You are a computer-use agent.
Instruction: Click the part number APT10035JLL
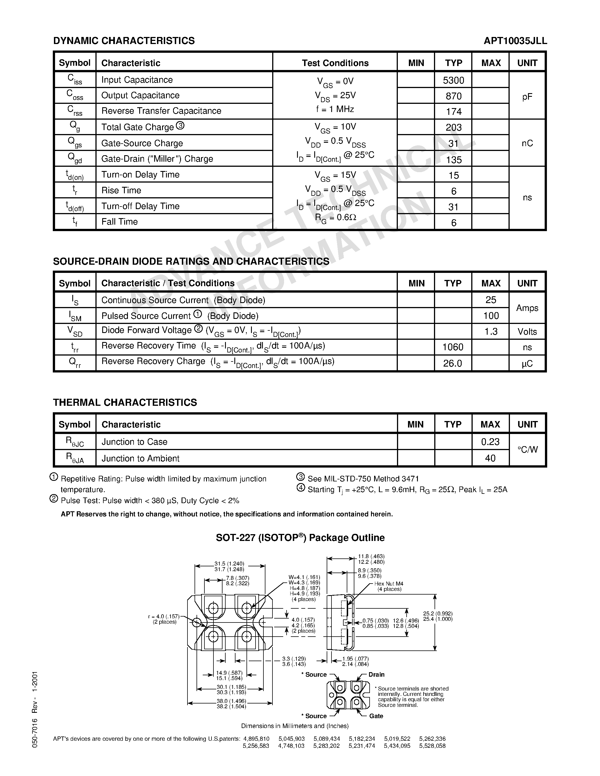click(515, 41)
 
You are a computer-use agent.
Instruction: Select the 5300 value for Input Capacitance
click(453, 80)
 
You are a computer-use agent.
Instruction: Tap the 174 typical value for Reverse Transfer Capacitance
click(453, 111)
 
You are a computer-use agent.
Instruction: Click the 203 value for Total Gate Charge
click(453, 127)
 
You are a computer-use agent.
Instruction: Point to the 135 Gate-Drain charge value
click(453, 159)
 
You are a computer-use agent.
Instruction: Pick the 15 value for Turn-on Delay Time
click(453, 175)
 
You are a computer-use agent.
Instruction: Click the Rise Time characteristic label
click(121, 190)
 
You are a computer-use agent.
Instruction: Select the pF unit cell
click(527, 97)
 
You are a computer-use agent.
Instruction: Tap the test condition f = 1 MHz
click(335, 109)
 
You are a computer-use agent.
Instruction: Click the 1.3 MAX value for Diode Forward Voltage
click(490, 332)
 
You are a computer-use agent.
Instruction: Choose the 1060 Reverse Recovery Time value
click(453, 347)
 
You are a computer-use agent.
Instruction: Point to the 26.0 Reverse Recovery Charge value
click(453, 363)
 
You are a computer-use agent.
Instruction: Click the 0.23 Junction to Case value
click(490, 442)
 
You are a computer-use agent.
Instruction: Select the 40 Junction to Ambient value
click(490, 458)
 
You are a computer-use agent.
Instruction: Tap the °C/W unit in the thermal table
click(527, 450)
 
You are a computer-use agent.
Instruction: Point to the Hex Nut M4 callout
click(389, 584)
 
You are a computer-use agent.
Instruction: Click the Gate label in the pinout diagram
click(376, 716)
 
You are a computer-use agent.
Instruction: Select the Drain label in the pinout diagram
click(376, 674)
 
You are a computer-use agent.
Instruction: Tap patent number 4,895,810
click(256, 739)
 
